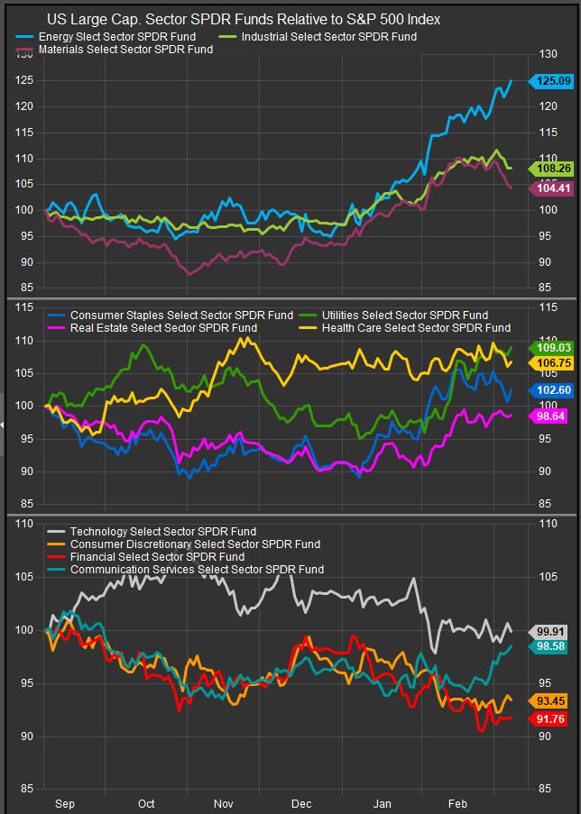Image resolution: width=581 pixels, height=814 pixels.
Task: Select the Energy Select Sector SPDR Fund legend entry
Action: tap(118, 36)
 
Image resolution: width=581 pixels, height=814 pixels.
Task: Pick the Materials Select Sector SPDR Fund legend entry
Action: tap(126, 50)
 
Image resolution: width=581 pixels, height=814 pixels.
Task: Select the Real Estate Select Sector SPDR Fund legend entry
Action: tap(162, 328)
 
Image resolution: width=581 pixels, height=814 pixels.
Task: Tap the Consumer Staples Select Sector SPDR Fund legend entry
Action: tap(180, 316)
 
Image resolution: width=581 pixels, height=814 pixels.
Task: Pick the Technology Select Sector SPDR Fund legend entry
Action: tap(162, 532)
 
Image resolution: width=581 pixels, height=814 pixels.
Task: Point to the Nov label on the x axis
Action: tap(224, 803)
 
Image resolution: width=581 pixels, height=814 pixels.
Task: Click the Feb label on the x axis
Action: tap(458, 803)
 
